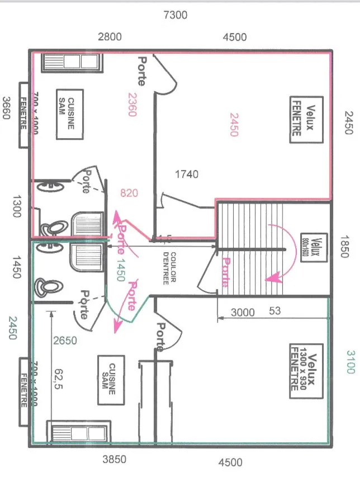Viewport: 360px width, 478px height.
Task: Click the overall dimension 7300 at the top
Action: point(175,15)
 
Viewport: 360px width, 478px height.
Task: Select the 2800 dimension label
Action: point(110,37)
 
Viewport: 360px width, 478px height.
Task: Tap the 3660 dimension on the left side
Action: point(7,108)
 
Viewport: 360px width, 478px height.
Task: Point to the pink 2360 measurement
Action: point(132,104)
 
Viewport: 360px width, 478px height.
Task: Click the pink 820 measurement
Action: point(129,193)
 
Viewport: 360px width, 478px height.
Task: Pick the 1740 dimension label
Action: point(186,174)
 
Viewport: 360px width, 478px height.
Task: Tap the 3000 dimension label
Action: point(243,313)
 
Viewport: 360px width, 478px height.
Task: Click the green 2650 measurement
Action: point(65,340)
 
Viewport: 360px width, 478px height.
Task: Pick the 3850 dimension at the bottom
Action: point(115,459)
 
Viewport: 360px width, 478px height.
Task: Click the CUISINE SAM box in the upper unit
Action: point(70,114)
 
